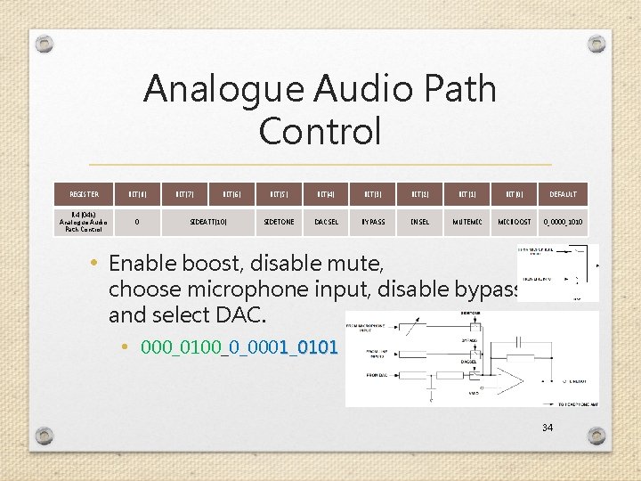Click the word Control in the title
320,131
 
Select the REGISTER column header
85,194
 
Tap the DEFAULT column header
563,194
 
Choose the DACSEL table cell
325,222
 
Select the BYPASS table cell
372,222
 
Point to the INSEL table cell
419,222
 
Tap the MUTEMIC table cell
467,222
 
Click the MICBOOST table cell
514,222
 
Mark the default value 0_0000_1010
563,222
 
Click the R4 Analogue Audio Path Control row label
85,222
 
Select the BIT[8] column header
137,194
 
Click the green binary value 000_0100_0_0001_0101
239,346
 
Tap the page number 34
548,428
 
